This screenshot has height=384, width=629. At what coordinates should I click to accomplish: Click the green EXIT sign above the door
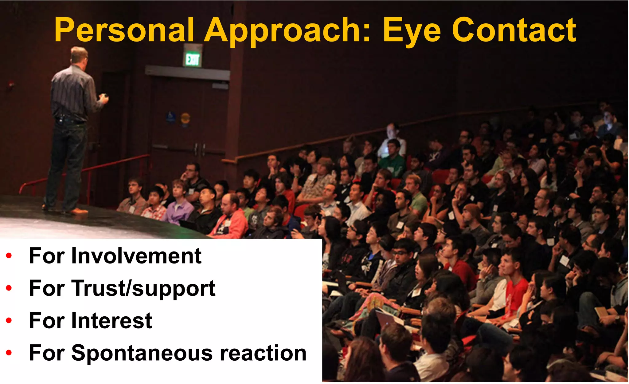coord(193,59)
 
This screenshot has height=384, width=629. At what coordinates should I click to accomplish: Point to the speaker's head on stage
coord(79,55)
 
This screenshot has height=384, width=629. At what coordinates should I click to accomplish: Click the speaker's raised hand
coord(104,98)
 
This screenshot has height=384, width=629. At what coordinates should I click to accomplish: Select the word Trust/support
coord(143,288)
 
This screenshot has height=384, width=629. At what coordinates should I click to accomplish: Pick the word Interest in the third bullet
coord(112,321)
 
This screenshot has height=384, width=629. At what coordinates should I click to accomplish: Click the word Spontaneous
coord(142,353)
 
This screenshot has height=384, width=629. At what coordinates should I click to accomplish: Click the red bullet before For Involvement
coord(9,255)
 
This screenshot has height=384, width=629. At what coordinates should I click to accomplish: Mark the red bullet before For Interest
coord(9,320)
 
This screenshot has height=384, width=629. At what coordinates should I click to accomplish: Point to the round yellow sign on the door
coord(185,118)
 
